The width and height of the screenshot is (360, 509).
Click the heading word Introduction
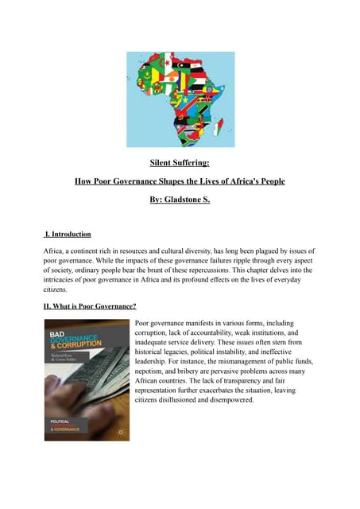click(70, 235)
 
